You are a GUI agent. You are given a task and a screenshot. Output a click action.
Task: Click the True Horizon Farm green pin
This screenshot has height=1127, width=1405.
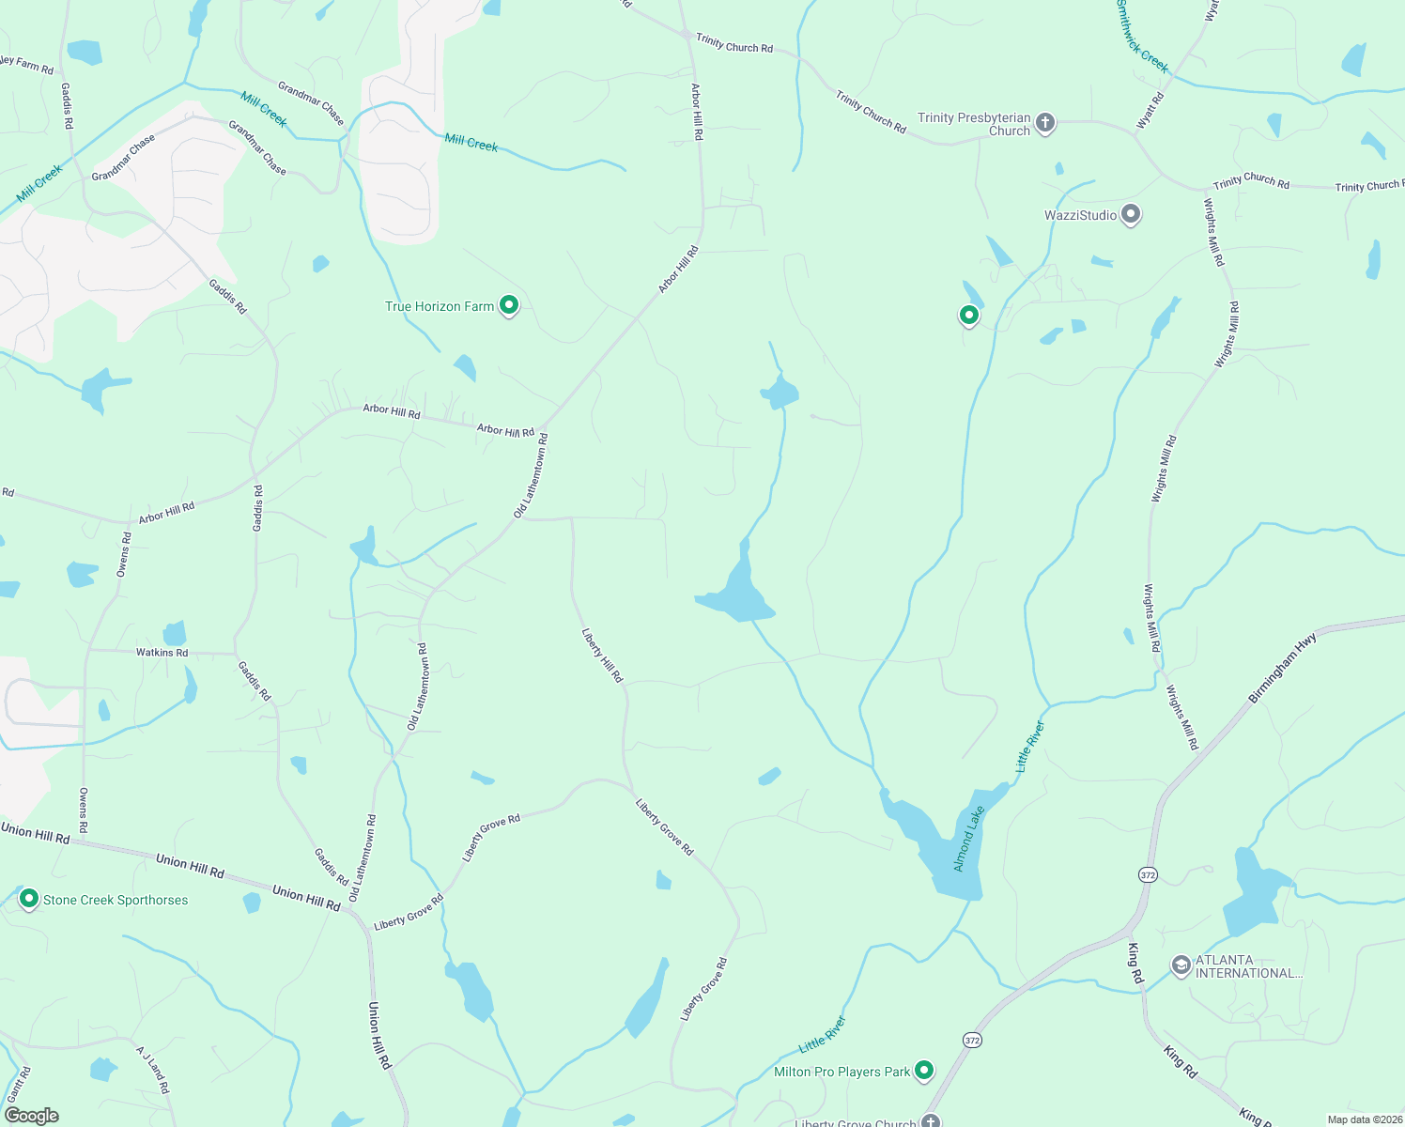509,305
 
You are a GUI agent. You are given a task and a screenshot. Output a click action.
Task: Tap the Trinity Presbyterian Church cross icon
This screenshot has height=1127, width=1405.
1044,123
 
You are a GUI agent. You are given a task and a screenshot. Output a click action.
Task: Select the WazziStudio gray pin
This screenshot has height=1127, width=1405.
1131,215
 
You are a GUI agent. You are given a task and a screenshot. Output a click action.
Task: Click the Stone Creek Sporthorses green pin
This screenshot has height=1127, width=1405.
29,899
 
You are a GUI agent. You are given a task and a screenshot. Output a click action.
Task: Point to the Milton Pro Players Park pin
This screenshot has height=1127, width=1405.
924,1070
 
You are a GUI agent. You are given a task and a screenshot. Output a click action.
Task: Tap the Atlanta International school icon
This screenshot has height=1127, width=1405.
1181,965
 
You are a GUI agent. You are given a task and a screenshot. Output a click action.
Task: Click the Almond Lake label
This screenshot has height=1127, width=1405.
968,839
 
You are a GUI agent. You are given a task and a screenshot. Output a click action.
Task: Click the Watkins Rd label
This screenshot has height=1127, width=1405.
162,652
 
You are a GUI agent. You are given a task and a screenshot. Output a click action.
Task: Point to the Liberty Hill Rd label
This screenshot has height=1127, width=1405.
602,656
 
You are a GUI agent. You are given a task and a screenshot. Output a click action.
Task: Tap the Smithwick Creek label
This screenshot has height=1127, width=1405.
1142,37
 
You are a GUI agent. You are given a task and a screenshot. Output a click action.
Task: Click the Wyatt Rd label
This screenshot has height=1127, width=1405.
1150,110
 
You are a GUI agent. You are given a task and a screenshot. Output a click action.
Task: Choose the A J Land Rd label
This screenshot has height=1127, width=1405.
152,1070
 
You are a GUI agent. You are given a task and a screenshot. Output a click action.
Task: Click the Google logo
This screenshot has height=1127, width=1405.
32,1116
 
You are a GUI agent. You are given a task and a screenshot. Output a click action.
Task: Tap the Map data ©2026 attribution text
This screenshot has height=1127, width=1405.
1364,1119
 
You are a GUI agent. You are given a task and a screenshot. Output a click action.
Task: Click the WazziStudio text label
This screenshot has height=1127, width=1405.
1080,216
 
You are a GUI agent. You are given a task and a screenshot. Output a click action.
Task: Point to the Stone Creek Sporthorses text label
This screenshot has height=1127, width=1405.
116,900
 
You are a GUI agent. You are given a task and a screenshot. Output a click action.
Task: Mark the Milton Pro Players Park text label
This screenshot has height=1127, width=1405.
841,1072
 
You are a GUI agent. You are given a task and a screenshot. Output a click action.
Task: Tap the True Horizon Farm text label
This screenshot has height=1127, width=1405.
440,306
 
